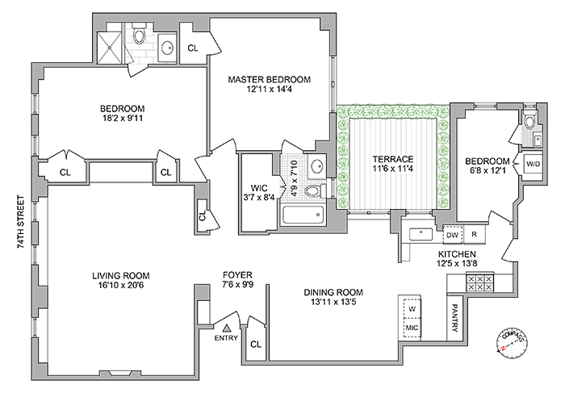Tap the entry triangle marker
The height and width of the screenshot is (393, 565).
pyautogui.click(x=228, y=328)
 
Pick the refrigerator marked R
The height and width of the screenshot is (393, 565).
pyautogui.click(x=475, y=234)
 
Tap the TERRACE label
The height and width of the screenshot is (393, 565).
pyautogui.click(x=387, y=158)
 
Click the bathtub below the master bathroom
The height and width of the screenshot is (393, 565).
pyautogui.click(x=302, y=215)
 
